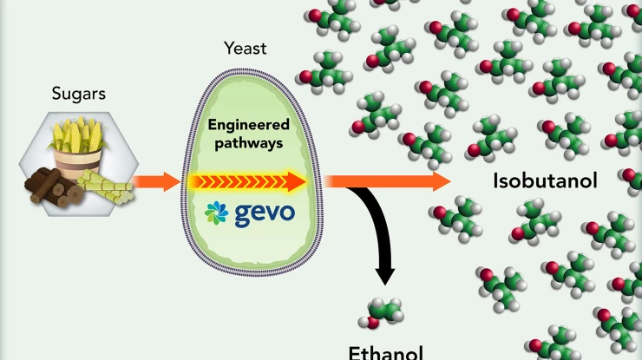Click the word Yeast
click(246, 49)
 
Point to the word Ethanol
click(386, 352)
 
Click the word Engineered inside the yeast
click(248, 125)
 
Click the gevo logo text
click(264, 213)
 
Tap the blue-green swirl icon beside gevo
click(217, 213)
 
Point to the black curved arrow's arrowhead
click(384, 275)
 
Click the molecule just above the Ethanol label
click(384, 311)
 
